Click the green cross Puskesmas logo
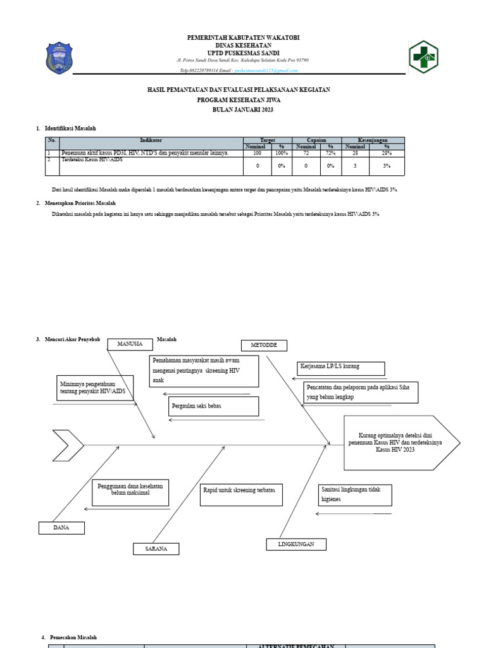coord(423,57)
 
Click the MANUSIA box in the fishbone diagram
coord(130,344)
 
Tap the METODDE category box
coord(264,346)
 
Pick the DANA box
coord(61,528)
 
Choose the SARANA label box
coord(156,549)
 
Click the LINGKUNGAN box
coord(295,544)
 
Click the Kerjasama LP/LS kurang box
coord(340,368)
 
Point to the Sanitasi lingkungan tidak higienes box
coord(354,495)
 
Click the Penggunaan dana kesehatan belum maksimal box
coord(130,492)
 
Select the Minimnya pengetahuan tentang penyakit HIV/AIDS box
coord(95,388)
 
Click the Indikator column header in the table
coord(151,140)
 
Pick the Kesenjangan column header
coord(372,140)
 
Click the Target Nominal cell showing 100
coord(257,153)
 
